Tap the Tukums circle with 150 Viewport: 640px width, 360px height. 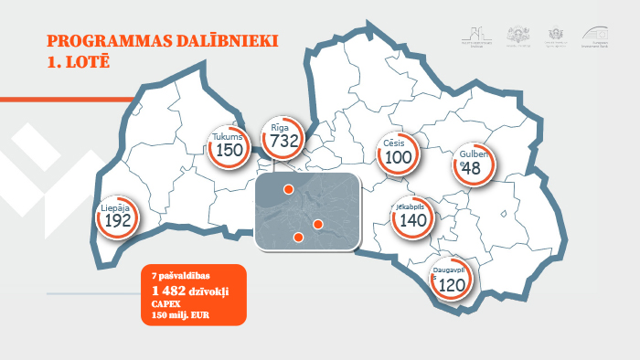(229, 146)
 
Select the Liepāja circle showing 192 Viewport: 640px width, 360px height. (117, 217)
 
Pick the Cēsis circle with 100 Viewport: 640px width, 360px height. (399, 153)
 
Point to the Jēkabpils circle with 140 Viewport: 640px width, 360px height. (412, 216)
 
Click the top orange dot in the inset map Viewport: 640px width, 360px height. (288, 189)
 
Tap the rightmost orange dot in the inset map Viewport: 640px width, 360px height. (318, 224)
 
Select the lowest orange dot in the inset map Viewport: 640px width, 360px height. (297, 238)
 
